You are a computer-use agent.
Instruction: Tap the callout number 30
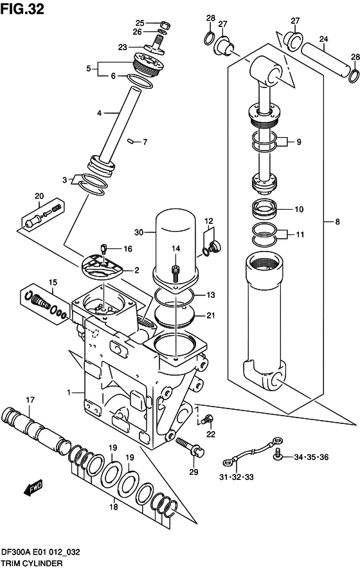[x=139, y=232]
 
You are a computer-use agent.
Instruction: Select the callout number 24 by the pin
[x=324, y=39]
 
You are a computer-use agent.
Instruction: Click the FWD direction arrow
[x=33, y=490]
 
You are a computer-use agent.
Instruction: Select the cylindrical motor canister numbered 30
[x=175, y=241]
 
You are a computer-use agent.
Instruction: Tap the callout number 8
[x=337, y=223]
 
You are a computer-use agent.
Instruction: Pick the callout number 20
[x=39, y=196]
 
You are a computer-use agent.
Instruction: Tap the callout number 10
[x=298, y=210]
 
